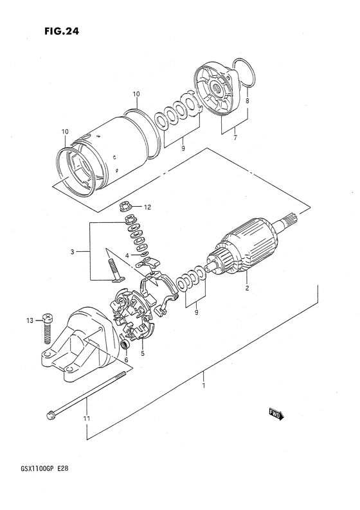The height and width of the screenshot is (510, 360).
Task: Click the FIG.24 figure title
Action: (x=62, y=31)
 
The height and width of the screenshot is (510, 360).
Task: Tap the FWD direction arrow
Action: (x=276, y=414)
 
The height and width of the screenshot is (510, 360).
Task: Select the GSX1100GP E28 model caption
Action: (x=40, y=469)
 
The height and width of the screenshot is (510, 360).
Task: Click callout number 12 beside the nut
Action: (x=147, y=207)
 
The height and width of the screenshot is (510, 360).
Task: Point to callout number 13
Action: (x=30, y=321)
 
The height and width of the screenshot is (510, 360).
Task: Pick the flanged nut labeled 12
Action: (x=125, y=206)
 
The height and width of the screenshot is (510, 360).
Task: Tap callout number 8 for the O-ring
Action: (x=248, y=101)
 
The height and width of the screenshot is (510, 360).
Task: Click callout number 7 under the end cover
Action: (x=235, y=137)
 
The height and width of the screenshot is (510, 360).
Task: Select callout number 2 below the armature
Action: (x=247, y=288)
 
